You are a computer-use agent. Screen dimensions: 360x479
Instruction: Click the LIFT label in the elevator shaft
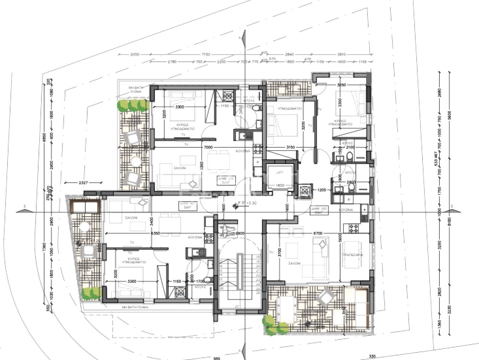tap(279, 172)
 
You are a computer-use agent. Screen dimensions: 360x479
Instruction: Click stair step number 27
tap(237, 306)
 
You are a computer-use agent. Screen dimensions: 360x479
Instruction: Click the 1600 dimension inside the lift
tap(279, 185)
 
